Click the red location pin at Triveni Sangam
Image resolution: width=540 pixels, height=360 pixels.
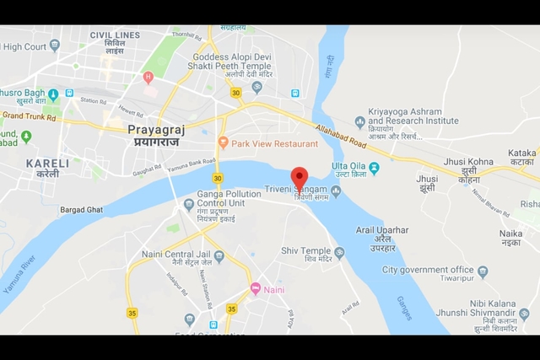point(300,179)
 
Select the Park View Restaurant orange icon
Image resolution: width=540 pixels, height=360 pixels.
point(223,143)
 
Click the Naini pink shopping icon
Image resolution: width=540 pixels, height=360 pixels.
point(255,289)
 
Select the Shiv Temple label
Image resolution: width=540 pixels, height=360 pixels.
point(306,250)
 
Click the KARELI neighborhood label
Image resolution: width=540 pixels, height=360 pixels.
point(42,163)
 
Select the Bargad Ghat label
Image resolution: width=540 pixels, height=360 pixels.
point(81,209)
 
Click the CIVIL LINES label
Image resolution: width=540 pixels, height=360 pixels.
point(114,36)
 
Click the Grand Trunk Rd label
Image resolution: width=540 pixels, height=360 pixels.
point(28,116)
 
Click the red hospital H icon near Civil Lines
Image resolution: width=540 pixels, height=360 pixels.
point(148,78)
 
